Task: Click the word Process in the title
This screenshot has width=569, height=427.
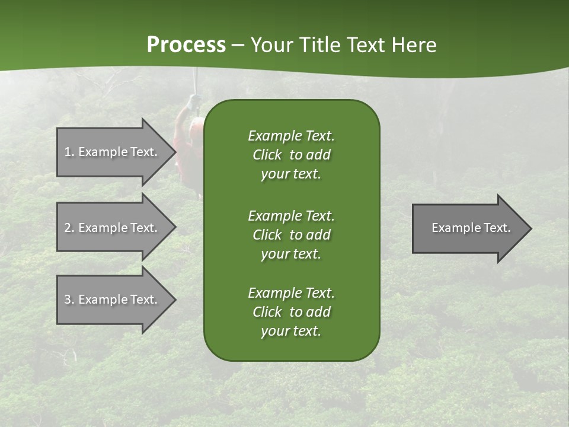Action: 186,45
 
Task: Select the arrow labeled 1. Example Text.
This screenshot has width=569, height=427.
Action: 113,152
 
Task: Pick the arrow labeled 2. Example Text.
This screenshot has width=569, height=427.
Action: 113,228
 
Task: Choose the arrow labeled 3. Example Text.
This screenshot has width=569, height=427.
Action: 113,300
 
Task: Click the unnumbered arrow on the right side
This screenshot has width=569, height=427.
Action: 468,228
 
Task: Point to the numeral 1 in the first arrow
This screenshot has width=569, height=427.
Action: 68,152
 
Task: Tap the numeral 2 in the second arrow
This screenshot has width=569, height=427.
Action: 68,228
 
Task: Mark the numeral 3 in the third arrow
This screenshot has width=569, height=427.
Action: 68,300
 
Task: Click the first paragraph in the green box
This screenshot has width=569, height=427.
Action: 291,155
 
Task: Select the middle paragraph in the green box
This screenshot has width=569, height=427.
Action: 291,235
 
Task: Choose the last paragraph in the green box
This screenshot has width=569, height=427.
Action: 291,312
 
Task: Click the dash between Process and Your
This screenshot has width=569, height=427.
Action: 238,45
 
